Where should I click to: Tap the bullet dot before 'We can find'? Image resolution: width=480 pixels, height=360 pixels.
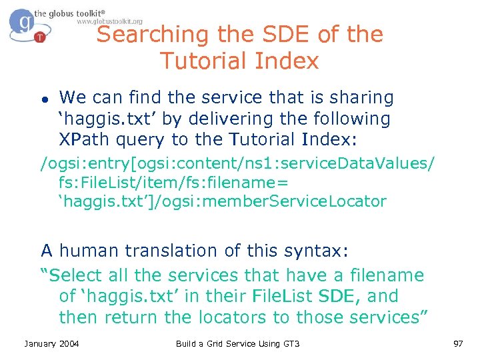pos(43,99)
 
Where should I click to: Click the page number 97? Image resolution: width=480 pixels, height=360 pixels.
pos(457,343)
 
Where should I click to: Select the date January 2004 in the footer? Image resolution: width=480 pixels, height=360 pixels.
pos(51,343)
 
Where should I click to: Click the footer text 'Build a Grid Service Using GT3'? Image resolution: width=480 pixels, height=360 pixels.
pos(237,343)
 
